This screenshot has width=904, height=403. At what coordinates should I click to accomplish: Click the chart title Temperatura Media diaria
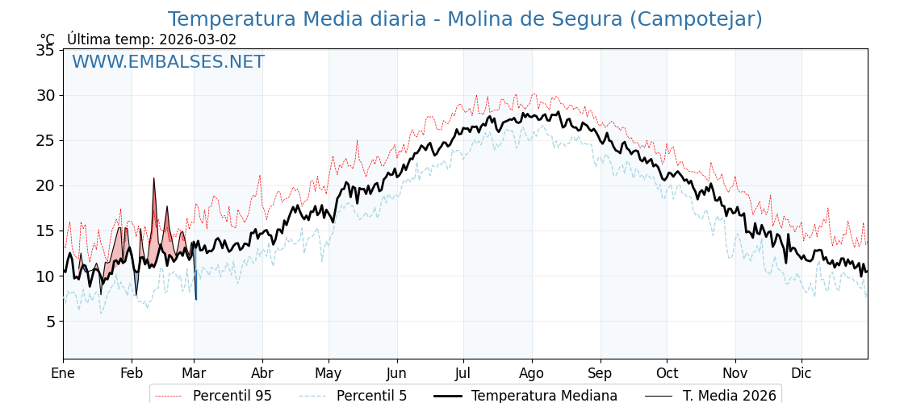[464, 19]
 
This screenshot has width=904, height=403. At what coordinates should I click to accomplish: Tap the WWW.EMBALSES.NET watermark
[168, 62]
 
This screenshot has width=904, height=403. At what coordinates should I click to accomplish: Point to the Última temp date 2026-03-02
[198, 39]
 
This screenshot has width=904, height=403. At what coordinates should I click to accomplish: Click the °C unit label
[48, 39]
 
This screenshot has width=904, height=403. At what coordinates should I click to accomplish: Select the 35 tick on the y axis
[45, 50]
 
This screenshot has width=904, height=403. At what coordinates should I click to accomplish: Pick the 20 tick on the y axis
[45, 185]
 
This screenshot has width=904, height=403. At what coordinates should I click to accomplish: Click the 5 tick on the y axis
[50, 322]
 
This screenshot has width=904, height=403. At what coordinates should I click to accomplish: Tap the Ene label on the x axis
[63, 373]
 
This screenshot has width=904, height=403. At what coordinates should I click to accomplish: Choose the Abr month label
[262, 373]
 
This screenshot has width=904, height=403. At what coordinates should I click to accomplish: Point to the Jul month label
[463, 373]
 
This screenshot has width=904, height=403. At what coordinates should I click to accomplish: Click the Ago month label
[532, 373]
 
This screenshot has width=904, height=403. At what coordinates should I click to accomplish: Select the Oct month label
[667, 373]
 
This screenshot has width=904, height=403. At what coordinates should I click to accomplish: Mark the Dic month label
[801, 373]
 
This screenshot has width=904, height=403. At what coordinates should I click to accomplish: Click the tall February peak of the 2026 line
[153, 180]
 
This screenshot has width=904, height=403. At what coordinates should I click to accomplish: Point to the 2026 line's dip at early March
[196, 299]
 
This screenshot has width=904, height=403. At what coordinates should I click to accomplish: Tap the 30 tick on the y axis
[45, 95]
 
